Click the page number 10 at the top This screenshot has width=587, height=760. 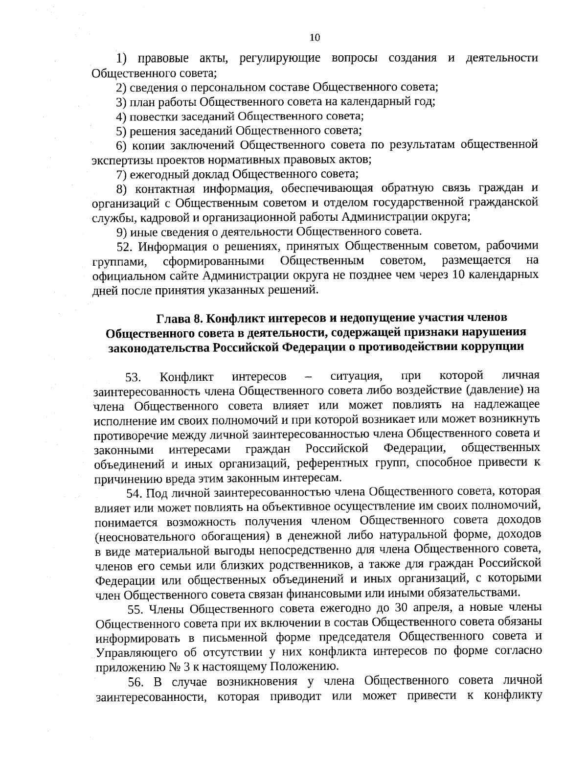pyautogui.click(x=315, y=38)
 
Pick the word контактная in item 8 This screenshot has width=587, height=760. pyautogui.click(x=165, y=189)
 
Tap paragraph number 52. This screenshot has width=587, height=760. pyautogui.click(x=130, y=246)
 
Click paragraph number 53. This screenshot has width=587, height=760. pyautogui.click(x=133, y=378)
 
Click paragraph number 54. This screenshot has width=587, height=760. pyautogui.click(x=134, y=492)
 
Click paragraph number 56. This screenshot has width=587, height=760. pyautogui.click(x=136, y=682)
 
